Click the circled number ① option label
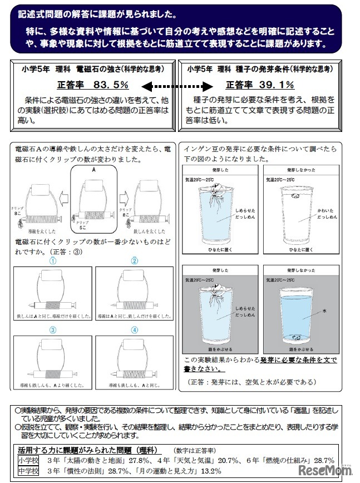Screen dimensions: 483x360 (x=53, y=260)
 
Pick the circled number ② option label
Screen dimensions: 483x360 (x=134, y=260)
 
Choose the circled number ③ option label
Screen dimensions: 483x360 (x=53, y=329)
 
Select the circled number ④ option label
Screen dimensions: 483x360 (x=134, y=329)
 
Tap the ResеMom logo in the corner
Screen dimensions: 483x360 (x=329, y=471)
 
